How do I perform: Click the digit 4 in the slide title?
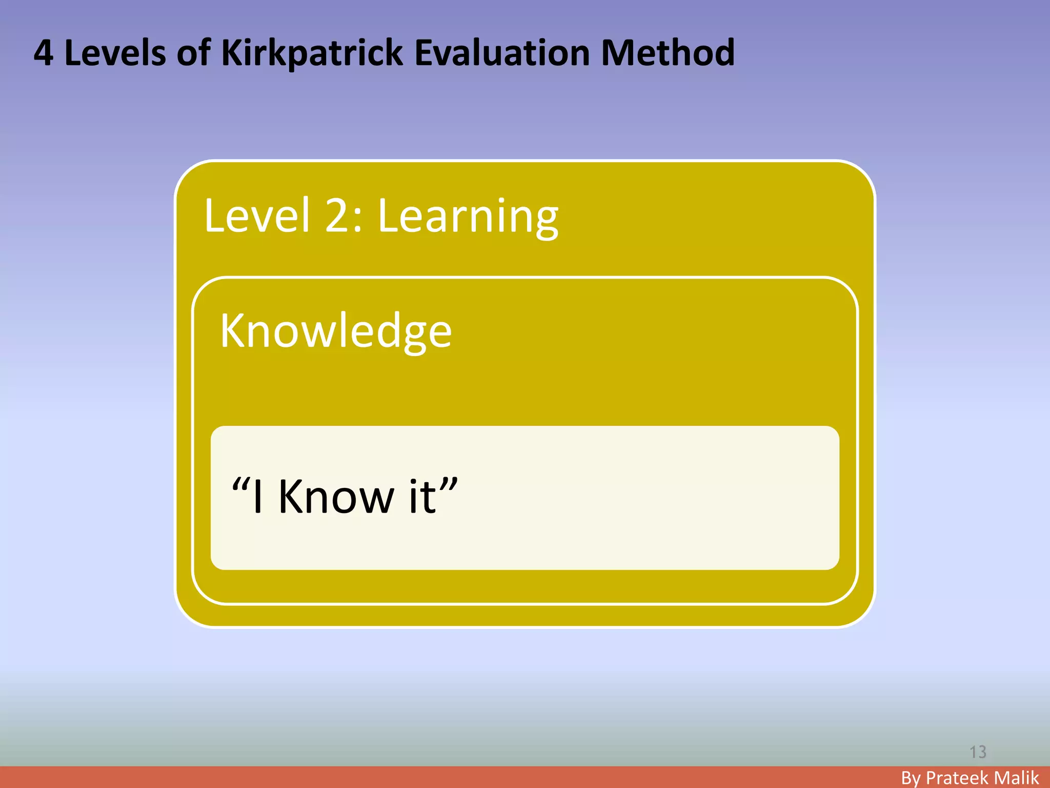coord(44,53)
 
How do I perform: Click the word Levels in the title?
coord(115,53)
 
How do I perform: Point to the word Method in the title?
coord(668,53)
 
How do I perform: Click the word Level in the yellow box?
coord(257,215)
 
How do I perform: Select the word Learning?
coord(468,218)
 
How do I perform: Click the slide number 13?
coord(978,752)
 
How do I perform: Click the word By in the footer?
coord(911,778)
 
